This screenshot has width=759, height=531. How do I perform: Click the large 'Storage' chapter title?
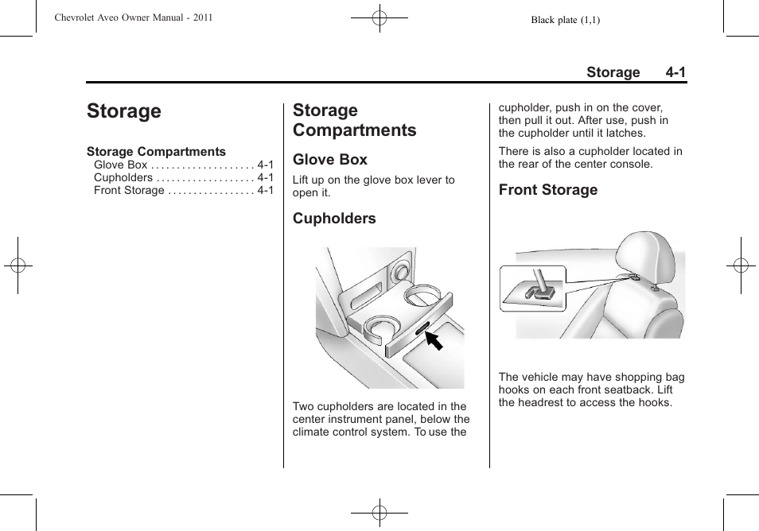pos(124,111)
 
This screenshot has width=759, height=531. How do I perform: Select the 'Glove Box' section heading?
pos(330,160)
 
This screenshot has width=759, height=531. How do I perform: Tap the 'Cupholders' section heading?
pos(334,219)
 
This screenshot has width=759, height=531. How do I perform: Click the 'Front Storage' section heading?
pos(548,190)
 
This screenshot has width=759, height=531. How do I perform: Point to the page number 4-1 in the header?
pos(676,72)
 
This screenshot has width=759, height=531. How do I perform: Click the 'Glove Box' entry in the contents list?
pos(120,165)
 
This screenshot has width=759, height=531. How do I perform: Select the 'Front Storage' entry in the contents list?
pos(129,191)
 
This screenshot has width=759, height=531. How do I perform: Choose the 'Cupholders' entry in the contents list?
pos(123,178)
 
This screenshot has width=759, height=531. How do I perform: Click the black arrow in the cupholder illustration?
pos(433,341)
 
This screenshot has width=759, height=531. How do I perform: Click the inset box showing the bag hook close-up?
pos(532,288)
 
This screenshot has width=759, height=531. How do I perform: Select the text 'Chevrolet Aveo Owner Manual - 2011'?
pos(134,18)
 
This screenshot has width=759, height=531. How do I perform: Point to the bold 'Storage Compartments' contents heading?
pos(156,152)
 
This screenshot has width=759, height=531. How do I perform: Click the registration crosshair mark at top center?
pos(379,17)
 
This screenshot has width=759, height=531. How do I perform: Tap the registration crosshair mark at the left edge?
pos(17,265)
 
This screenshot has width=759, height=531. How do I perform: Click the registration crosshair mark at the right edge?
pos(741,265)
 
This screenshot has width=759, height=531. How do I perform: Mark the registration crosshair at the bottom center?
pos(379,513)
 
